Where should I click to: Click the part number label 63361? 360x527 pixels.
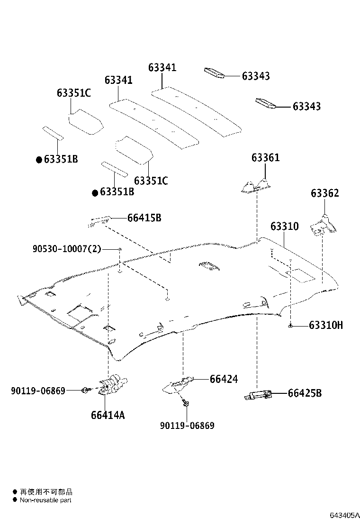pyautogui.click(x=265, y=158)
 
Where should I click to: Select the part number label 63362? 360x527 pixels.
pyautogui.click(x=324, y=193)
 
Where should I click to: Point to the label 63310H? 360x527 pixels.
pyautogui.click(x=325, y=325)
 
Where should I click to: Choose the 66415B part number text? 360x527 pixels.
pyautogui.click(x=144, y=218)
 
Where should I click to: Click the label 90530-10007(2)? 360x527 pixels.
pyautogui.click(x=67, y=249)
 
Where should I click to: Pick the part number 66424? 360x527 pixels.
pyautogui.click(x=224, y=379)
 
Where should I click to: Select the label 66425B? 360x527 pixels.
pyautogui.click(x=305, y=393)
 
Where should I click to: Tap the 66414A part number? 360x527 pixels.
pyautogui.click(x=108, y=415)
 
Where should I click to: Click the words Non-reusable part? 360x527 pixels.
pyautogui.click(x=46, y=500)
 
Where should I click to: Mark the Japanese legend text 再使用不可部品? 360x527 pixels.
pyautogui.click(x=46, y=492)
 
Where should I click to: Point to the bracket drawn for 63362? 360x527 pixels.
pyautogui.click(x=323, y=226)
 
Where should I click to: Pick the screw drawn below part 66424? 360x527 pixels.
pyautogui.click(x=186, y=403)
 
